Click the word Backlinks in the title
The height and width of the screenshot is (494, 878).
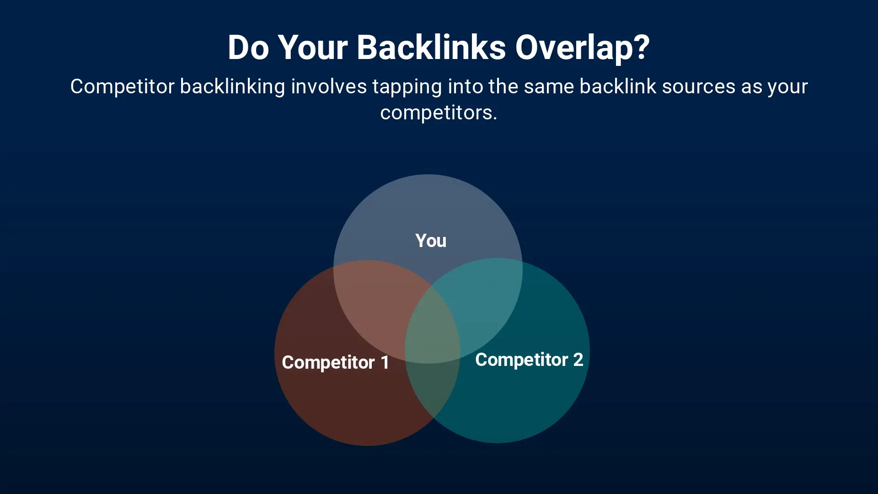[x=431, y=47]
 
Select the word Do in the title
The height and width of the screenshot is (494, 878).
[x=248, y=47]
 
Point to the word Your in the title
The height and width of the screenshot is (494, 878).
[x=312, y=47]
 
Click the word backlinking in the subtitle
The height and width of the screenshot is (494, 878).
[x=233, y=87]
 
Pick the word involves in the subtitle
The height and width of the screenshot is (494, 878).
[x=329, y=86]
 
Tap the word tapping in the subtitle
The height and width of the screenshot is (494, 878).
[x=407, y=87]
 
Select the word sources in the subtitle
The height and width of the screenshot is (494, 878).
[x=698, y=87]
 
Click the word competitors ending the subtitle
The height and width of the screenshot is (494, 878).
[x=438, y=113]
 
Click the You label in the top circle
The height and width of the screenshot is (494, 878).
[x=431, y=241]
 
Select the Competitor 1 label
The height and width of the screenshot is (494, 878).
[x=335, y=362]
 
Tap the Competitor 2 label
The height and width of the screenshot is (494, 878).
[x=529, y=360]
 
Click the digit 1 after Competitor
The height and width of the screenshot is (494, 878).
[x=385, y=362]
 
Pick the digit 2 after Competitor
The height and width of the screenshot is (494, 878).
[x=578, y=360]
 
